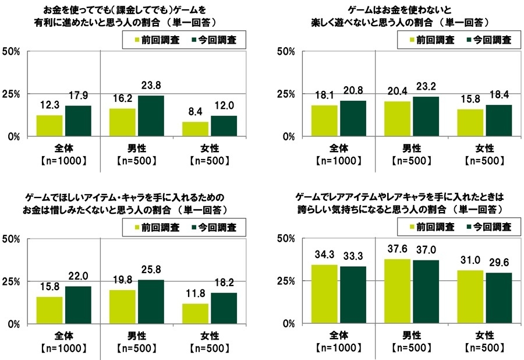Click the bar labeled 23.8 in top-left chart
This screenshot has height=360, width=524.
[x=151, y=116]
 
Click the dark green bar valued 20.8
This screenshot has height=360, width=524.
[x=353, y=118]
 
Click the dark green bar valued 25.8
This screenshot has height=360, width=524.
[x=151, y=301]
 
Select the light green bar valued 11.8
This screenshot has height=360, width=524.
[x=196, y=313]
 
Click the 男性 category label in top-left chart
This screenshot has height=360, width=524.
[x=137, y=148]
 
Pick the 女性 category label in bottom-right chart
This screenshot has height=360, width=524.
[x=485, y=336]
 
